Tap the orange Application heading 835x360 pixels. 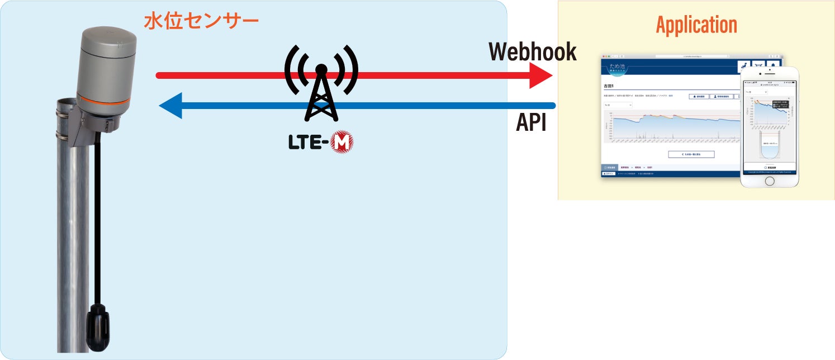click(x=696, y=25)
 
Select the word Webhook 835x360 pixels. click(x=532, y=51)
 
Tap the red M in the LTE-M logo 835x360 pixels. click(x=341, y=143)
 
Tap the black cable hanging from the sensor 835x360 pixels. click(x=98, y=224)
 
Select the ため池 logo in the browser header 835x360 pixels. click(x=618, y=67)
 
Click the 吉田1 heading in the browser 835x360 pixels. click(x=609, y=87)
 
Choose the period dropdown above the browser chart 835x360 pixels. click(x=618, y=105)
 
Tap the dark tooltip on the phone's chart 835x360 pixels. click(x=779, y=104)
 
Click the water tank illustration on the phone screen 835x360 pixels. click(x=770, y=147)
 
